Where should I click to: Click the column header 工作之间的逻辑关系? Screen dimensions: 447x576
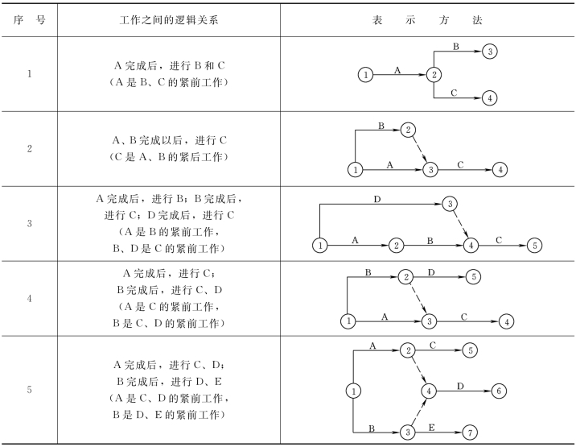coord(168,19)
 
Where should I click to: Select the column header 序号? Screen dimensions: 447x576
coord(29,19)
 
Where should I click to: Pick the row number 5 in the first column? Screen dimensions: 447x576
coord(29,390)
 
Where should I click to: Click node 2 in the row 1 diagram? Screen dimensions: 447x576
coord(434,75)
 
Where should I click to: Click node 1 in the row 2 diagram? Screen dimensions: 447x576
coord(354,170)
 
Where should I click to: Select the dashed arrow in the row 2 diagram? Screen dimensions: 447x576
coord(419,150)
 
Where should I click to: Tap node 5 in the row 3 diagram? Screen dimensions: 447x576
coord(535,245)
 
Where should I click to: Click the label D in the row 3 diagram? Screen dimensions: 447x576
coord(377,198)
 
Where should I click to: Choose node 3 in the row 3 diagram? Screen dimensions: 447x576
coord(450,203)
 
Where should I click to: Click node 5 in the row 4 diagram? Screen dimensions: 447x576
coord(474,277)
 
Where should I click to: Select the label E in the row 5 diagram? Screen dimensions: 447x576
coord(433,426)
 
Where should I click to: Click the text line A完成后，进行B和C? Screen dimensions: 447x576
coord(168,67)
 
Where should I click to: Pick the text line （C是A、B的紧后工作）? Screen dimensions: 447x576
coord(168,155)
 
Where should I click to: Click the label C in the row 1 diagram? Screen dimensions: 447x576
coord(455,93)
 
